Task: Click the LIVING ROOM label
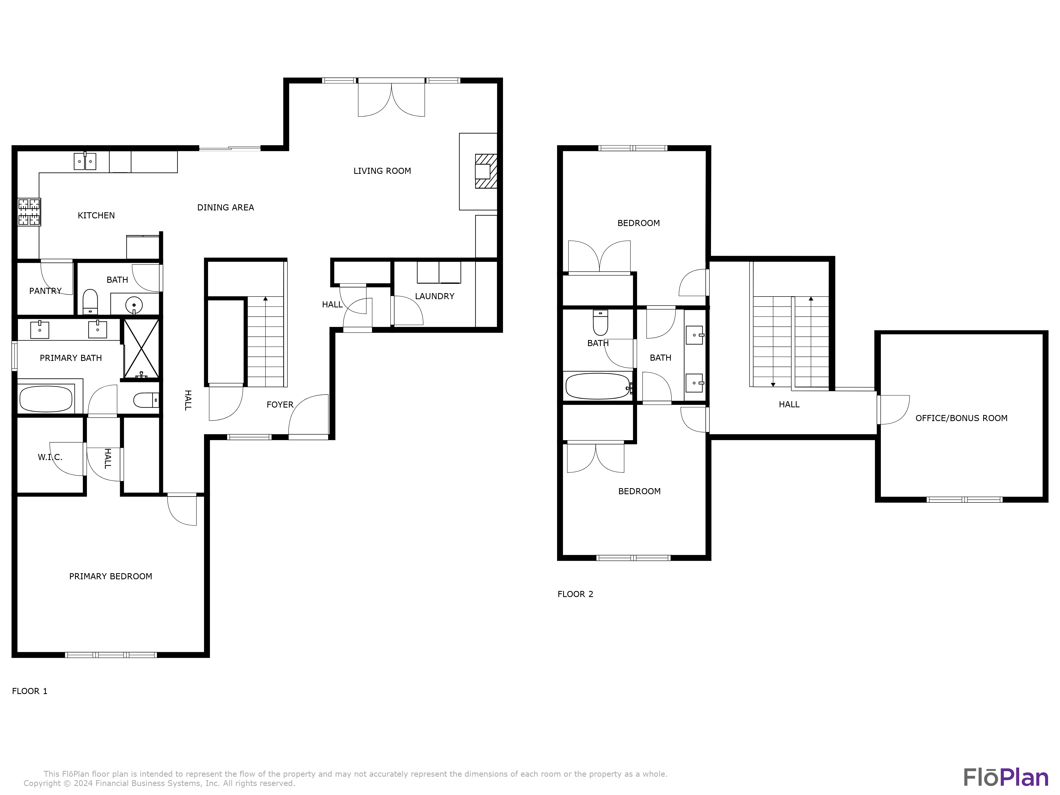point(382,171)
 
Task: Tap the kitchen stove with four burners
point(29,212)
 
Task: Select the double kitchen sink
point(85,161)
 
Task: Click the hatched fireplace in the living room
point(485,171)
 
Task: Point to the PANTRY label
point(46,291)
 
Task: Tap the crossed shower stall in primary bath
point(141,349)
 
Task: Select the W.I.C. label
point(50,457)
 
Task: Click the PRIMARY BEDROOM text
point(111,576)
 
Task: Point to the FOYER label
point(280,405)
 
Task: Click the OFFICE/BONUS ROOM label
point(961,418)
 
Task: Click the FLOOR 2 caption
point(575,594)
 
